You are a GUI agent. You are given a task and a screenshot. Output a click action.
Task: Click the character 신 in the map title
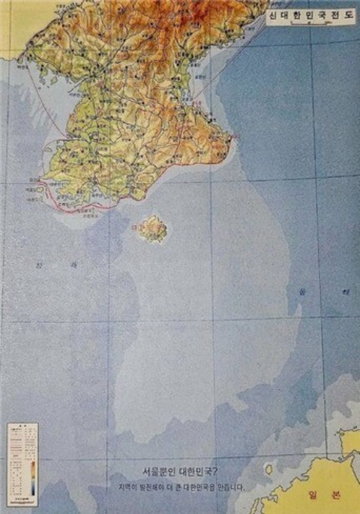tap(274, 13)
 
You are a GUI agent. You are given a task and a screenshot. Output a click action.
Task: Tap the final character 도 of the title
tap(348, 13)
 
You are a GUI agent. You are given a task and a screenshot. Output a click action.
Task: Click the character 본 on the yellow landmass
tap(336, 495)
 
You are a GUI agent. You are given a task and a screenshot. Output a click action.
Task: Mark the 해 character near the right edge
tap(346, 291)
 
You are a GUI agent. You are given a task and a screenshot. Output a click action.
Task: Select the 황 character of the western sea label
tap(40, 264)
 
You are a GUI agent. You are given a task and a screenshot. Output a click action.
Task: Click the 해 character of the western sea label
tap(73, 264)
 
